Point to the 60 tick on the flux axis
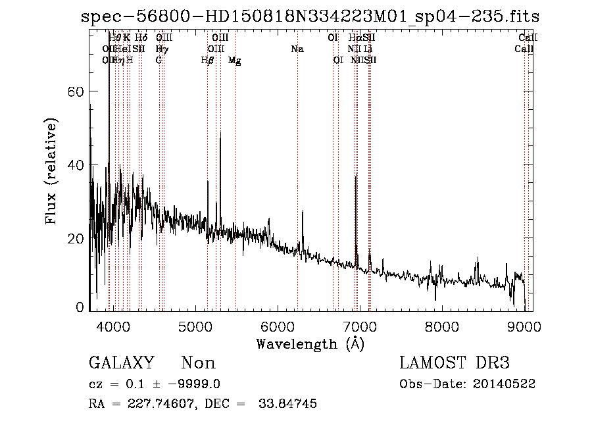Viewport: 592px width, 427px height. (x=76, y=92)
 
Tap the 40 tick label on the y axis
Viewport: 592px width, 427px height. (x=76, y=164)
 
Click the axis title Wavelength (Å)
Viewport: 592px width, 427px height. (x=310, y=343)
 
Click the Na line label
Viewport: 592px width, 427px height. (x=297, y=49)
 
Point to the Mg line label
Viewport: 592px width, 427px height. (x=234, y=61)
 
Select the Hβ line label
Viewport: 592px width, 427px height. (x=207, y=61)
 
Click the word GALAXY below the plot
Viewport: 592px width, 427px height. (x=122, y=363)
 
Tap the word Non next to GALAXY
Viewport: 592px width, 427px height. (x=199, y=363)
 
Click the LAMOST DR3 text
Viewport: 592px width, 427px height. (x=455, y=363)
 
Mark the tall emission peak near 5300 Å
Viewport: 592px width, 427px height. (x=220, y=134)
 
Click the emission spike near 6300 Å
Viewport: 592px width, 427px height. (x=303, y=213)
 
